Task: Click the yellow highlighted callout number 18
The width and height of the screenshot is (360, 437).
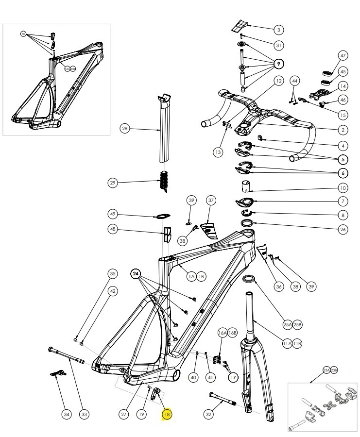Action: pos(167,415)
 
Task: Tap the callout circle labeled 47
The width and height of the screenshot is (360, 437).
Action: pos(343,56)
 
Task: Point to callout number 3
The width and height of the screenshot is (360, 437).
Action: pos(278,30)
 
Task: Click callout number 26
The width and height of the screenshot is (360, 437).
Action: pos(343,229)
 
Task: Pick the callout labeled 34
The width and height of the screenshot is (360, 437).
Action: pos(67,414)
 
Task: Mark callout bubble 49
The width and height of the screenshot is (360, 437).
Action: pos(113,215)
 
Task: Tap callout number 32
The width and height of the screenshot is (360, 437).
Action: pos(209,414)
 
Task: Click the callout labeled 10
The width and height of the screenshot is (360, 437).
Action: pos(343,188)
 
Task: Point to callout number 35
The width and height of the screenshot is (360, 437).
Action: pos(113,274)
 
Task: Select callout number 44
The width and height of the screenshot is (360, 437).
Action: pos(295,80)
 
